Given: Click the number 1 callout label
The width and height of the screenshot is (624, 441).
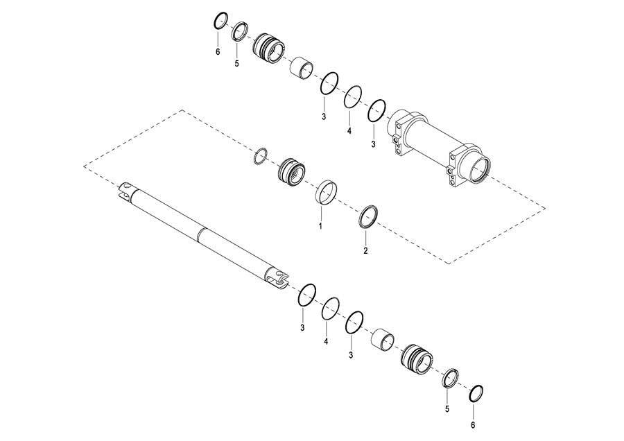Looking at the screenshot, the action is coord(320,227).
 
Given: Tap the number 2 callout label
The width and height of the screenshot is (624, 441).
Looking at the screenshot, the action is coord(365,250).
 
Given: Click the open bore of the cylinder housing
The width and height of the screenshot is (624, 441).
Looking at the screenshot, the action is coord(480,168).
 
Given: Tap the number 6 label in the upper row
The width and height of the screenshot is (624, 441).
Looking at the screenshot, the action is coord(218,52).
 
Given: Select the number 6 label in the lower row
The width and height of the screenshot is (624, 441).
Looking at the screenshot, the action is coord(473,426).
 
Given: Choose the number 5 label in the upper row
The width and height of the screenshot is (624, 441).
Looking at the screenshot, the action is coord(237,64).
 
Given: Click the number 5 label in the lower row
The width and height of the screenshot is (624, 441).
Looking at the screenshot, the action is coord(447,409).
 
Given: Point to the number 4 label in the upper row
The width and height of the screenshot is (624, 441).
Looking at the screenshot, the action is coord(349,130).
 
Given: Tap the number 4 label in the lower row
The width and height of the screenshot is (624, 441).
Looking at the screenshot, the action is coord(326,341).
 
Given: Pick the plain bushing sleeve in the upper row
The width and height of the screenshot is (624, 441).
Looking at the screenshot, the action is coord(301,68).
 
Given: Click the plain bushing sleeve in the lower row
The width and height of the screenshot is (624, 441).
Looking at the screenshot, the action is coord(383,340).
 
